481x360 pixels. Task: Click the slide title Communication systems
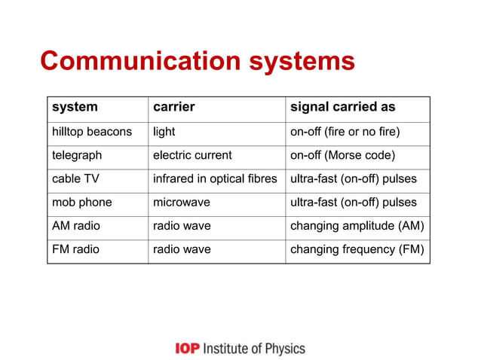pyautogui.click(x=197, y=61)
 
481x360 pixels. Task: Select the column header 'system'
pyautogui.click(x=75, y=108)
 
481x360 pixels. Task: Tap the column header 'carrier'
pyautogui.click(x=174, y=108)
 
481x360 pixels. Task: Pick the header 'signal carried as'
pyautogui.click(x=343, y=108)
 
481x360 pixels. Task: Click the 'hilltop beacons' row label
pyautogui.click(x=92, y=132)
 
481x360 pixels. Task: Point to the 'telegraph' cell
pyautogui.click(x=77, y=155)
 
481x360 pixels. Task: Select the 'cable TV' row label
pyautogui.click(x=74, y=178)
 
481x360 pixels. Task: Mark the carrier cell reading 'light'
pyautogui.click(x=164, y=132)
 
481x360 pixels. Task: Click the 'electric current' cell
pyautogui.click(x=192, y=155)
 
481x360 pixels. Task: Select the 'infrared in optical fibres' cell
pyautogui.click(x=216, y=178)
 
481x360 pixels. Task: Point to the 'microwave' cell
pyautogui.click(x=182, y=203)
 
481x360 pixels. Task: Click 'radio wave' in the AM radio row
pyautogui.click(x=182, y=226)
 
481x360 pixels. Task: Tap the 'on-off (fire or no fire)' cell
pyautogui.click(x=345, y=132)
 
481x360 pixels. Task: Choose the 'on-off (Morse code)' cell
pyautogui.click(x=343, y=155)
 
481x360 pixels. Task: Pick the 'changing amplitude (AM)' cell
pyautogui.click(x=357, y=226)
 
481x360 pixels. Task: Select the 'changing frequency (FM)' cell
pyautogui.click(x=357, y=249)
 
